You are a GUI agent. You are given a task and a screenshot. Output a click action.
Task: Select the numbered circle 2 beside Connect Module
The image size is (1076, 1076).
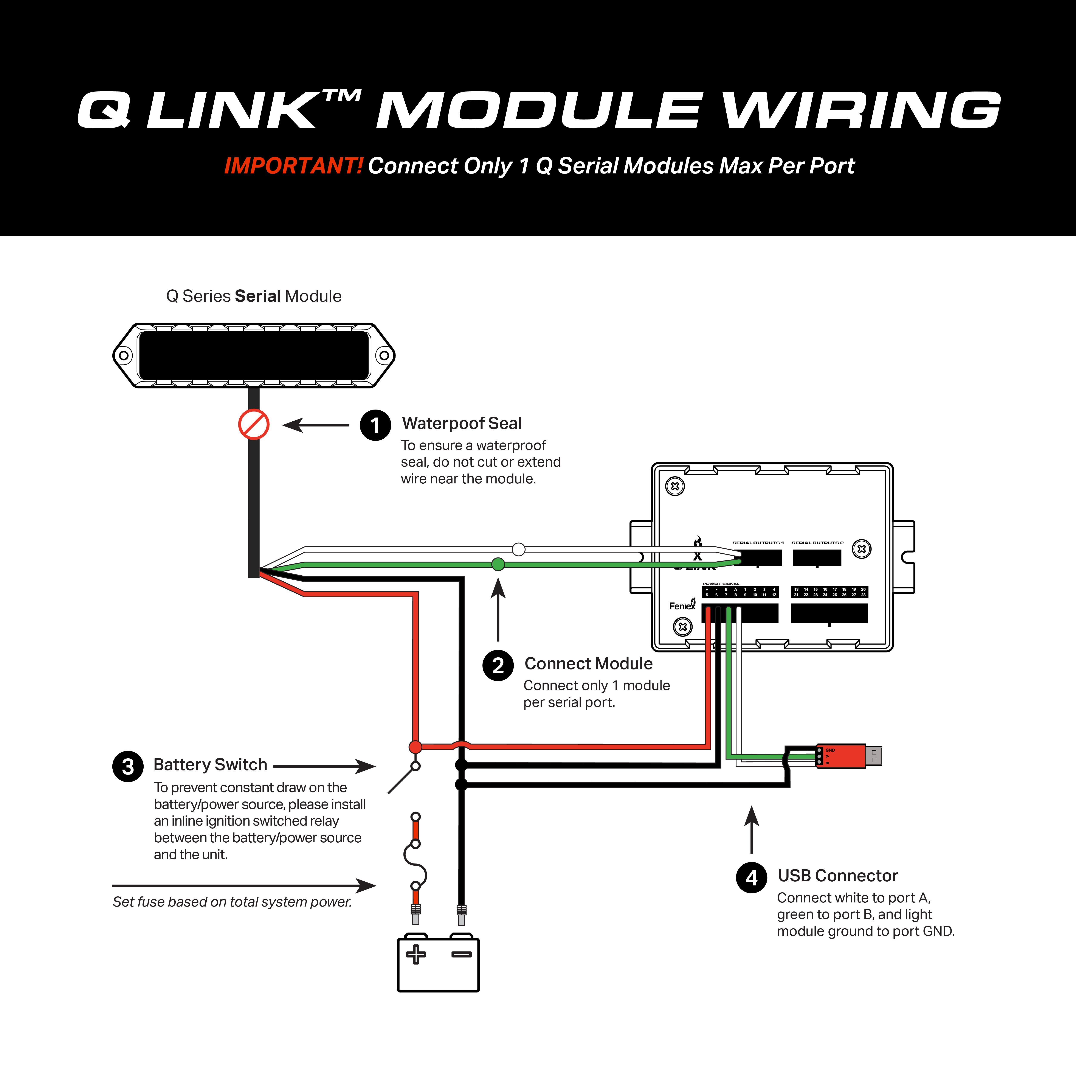[x=498, y=666]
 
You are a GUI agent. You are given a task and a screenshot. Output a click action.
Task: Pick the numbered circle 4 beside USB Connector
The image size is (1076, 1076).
[x=751, y=878]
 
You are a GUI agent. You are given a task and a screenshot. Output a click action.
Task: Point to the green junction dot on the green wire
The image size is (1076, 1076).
[x=498, y=564]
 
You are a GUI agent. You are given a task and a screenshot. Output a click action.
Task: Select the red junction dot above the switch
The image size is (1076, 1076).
[x=416, y=747]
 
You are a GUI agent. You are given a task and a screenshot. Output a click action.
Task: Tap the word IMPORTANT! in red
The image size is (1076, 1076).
[x=293, y=166]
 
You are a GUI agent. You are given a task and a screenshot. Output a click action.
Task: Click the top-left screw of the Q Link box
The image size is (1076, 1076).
[x=675, y=486]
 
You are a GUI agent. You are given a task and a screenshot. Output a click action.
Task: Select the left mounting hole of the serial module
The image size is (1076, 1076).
[x=124, y=355]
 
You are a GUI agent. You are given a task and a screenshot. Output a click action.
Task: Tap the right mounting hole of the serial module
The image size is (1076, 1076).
[x=384, y=355]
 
